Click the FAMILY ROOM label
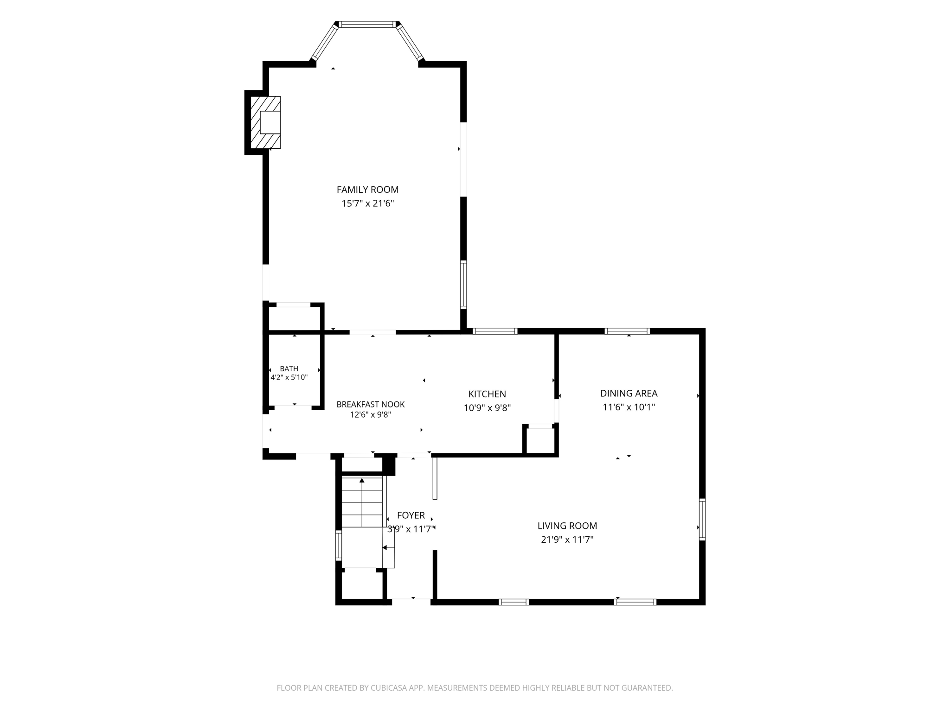coord(367,190)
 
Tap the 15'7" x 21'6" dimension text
coord(367,203)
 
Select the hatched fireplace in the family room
coord(265,122)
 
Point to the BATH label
coord(289,369)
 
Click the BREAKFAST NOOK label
coord(371,405)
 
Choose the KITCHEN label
coord(487,394)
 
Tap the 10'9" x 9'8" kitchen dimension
coord(487,408)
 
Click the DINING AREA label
coord(629,394)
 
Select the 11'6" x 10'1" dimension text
coord(629,407)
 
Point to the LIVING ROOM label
coord(567,526)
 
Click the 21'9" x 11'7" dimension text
coord(567,540)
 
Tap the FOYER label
coord(411,515)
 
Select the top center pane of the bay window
coord(367,24)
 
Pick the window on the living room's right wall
coord(702,519)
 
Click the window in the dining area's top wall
coord(627,331)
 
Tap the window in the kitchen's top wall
coord(495,331)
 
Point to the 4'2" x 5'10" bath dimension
coord(289,377)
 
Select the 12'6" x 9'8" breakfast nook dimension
coord(371,415)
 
